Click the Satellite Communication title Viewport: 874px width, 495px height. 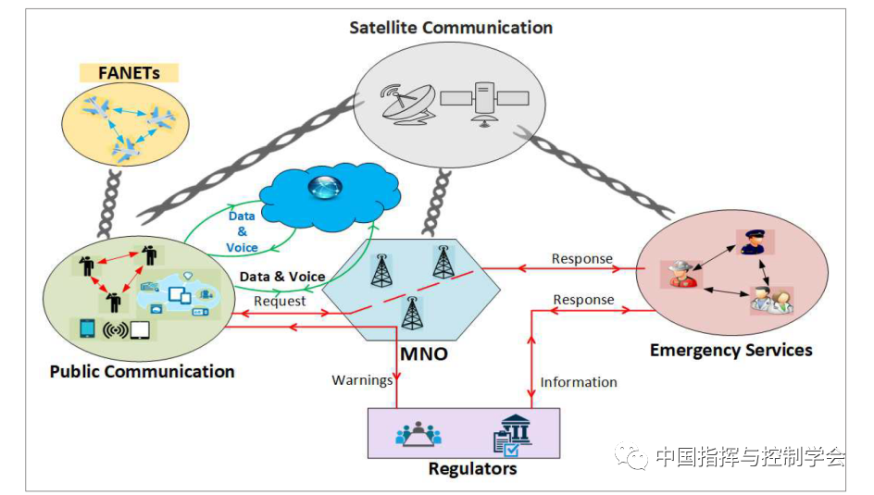[x=450, y=28]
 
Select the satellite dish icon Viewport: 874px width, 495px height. [x=406, y=102]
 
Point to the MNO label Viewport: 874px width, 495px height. [x=423, y=353]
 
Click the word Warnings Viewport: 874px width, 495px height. [x=362, y=379]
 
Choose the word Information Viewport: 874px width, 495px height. [x=579, y=381]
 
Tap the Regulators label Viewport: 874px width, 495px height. [x=472, y=468]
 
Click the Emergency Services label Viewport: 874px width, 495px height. [x=730, y=350]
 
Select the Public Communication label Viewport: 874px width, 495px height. [x=142, y=371]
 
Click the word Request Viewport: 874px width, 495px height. [x=280, y=301]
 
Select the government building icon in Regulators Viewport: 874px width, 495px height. [x=512, y=432]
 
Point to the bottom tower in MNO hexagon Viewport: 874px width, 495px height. [x=410, y=314]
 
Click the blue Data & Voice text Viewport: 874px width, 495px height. [x=243, y=231]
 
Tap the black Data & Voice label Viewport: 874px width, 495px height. [x=282, y=276]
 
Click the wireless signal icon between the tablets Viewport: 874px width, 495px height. [x=115, y=329]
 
